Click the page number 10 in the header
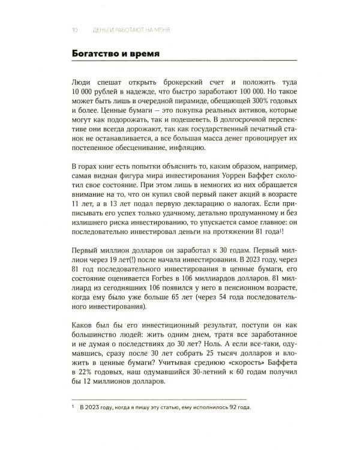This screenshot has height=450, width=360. coord(73,29)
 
